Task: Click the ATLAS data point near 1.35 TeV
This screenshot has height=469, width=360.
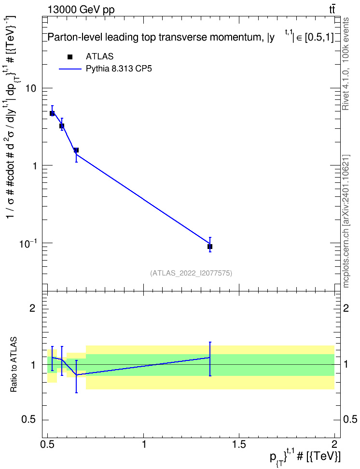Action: point(210,247)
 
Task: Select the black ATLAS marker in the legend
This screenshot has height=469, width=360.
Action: point(70,57)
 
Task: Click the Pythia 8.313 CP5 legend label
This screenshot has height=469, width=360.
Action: point(119,69)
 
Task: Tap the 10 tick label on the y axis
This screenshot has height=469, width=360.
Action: point(31,88)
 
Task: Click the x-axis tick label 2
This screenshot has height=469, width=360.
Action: point(334,443)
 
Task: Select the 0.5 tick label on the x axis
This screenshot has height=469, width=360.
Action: point(48,443)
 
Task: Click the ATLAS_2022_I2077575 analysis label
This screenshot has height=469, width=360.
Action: point(191,273)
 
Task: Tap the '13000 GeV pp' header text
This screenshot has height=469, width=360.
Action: point(81,10)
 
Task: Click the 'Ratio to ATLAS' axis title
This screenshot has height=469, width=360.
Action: point(14,364)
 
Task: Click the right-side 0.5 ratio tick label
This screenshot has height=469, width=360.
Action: point(350,420)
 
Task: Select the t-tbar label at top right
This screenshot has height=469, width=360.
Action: point(332,10)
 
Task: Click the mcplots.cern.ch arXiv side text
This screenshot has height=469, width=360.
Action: point(346,221)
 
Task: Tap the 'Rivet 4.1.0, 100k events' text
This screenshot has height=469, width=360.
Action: point(346,64)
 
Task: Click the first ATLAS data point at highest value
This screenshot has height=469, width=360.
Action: point(52,113)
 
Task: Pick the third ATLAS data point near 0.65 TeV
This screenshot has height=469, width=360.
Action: point(76,150)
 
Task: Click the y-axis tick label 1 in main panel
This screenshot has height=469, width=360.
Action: point(34,166)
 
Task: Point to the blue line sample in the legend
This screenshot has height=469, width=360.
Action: point(70,69)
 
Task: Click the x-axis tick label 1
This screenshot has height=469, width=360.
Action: point(144,443)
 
